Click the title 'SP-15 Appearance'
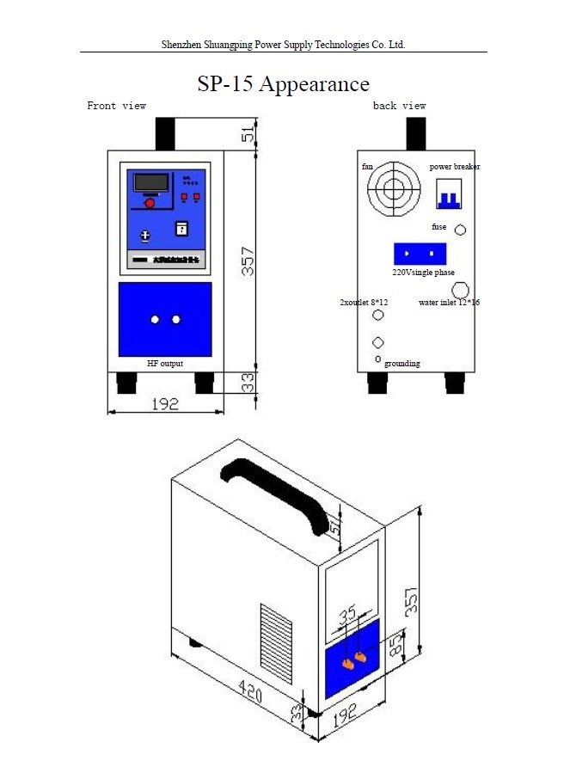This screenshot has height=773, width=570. tap(283, 84)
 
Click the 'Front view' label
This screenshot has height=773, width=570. tap(117, 106)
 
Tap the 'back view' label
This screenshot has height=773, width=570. tap(399, 106)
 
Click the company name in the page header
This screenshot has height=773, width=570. tap(283, 44)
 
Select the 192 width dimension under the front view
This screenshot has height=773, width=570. tap(164, 404)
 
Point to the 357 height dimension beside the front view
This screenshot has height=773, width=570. tap(248, 257)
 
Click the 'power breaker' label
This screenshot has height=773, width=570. tap(455, 167)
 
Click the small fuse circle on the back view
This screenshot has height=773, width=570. tap(460, 230)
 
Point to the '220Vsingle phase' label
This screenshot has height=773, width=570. tap(423, 272)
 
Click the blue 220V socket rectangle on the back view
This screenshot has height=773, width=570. tap(420, 254)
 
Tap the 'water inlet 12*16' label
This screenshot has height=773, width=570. tap(450, 303)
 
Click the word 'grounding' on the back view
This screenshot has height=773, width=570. tap(402, 364)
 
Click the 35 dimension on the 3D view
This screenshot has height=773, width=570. tap(346, 617)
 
